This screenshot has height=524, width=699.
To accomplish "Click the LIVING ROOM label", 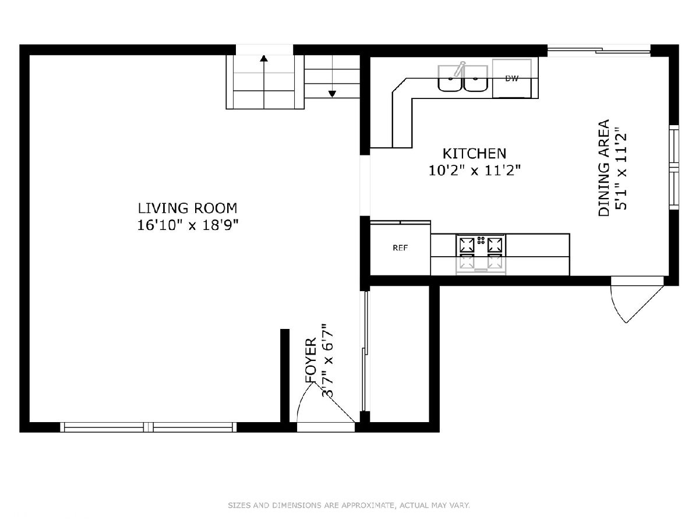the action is pyautogui.click(x=187, y=208).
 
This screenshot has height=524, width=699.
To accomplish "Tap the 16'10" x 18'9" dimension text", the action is pyautogui.click(x=188, y=225).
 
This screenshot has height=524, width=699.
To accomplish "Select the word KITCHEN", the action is pyautogui.click(x=474, y=154).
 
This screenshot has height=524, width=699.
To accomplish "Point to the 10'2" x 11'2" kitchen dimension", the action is pyautogui.click(x=475, y=171).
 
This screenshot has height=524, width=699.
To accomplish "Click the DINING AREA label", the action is pyautogui.click(x=603, y=168).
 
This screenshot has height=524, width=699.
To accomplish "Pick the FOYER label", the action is pyautogui.click(x=311, y=360).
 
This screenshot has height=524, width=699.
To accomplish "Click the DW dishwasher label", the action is pyautogui.click(x=512, y=78).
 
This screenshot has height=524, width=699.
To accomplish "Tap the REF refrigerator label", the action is pyautogui.click(x=400, y=248).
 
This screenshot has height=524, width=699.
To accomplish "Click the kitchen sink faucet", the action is pyautogui.click(x=459, y=69).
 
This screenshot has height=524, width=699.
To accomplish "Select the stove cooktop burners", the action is pyautogui.click(x=481, y=245).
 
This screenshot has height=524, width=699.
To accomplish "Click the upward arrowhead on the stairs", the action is pyautogui.click(x=264, y=58).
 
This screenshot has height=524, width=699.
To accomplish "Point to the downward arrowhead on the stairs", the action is pyautogui.click(x=332, y=94).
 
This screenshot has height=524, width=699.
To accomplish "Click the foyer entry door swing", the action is pyautogui.click(x=326, y=402).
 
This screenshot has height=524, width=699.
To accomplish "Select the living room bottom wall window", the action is pyautogui.click(x=149, y=427).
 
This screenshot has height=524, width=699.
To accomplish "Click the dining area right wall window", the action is pyautogui.click(x=674, y=167).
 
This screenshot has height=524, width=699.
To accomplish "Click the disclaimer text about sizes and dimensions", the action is pyautogui.click(x=349, y=505).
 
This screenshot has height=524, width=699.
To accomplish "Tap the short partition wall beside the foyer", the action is pyautogui.click(x=285, y=376).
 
